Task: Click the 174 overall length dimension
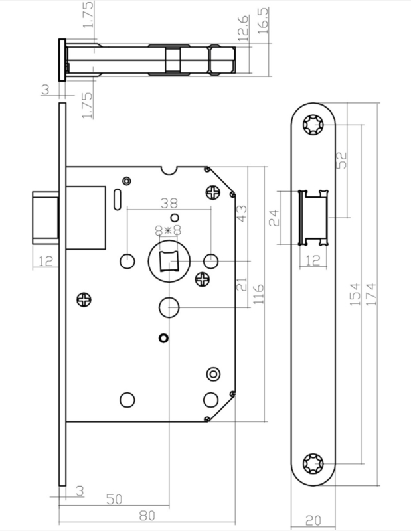click(372, 294)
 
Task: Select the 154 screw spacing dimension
click(355, 294)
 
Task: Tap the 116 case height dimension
click(258, 294)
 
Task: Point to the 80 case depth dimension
click(147, 516)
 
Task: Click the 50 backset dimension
click(114, 499)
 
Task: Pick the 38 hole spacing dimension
click(169, 203)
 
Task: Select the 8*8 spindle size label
click(168, 230)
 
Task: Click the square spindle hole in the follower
click(169, 261)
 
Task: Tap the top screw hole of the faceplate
click(313, 125)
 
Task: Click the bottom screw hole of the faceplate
click(313, 463)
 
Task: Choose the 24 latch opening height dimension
click(273, 218)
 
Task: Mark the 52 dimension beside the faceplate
click(343, 160)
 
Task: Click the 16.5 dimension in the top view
click(264, 21)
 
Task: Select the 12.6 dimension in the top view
click(243, 29)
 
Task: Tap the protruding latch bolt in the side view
click(45, 218)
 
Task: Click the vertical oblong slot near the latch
click(117, 200)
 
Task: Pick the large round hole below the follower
click(169, 307)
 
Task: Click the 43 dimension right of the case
click(242, 214)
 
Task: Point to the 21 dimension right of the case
click(242, 285)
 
